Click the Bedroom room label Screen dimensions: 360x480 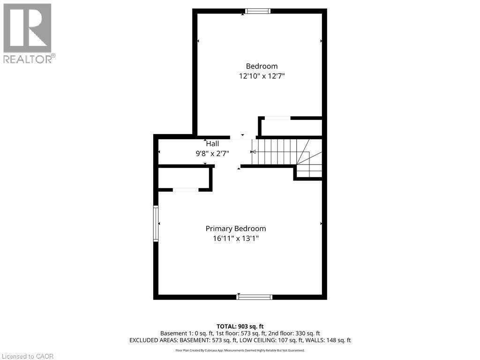pyautogui.click(x=262, y=66)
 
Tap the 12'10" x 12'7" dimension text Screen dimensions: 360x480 pyautogui.click(x=262, y=76)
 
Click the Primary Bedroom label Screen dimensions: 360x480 pyautogui.click(x=236, y=228)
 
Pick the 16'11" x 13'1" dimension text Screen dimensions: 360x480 pyautogui.click(x=236, y=238)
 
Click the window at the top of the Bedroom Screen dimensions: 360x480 pyautogui.click(x=258, y=11)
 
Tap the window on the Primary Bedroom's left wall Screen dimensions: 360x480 pyautogui.click(x=156, y=224)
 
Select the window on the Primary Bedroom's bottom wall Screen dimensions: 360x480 pyautogui.click(x=255, y=296)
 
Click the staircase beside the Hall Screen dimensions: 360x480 pyautogui.click(x=281, y=152)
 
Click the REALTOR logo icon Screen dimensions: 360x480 pyautogui.click(x=27, y=28)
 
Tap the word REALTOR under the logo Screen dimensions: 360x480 pyautogui.click(x=27, y=59)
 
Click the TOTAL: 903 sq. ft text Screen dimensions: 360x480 pyautogui.click(x=240, y=326)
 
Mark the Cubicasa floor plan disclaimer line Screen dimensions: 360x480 pyautogui.click(x=240, y=350)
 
